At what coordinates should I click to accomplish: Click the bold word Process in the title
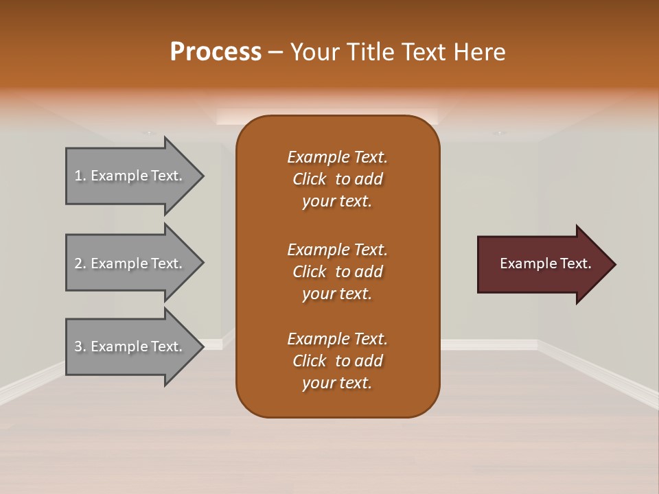(x=216, y=52)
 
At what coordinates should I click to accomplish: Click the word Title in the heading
(x=371, y=52)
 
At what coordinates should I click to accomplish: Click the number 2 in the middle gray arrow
(x=79, y=263)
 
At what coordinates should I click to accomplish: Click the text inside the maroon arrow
(x=545, y=263)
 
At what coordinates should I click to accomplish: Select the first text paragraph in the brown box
(x=337, y=179)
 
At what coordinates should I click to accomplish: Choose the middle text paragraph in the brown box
(x=337, y=272)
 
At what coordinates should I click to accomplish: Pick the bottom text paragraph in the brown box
(x=337, y=361)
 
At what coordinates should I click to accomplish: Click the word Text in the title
(x=420, y=52)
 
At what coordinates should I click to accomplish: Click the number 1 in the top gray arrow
(x=78, y=176)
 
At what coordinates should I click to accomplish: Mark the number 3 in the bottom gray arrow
(x=79, y=346)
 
